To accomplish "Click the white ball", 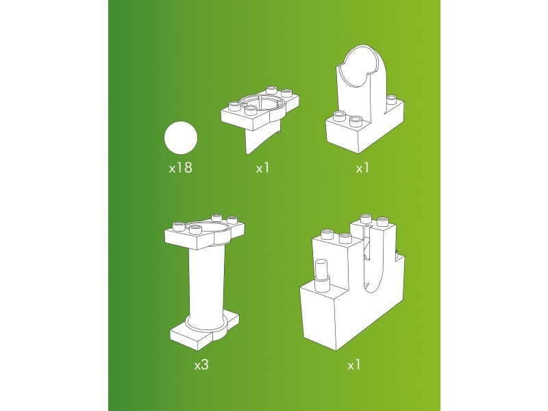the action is (181, 138).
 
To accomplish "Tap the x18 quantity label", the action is (180, 168).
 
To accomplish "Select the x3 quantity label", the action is (201, 365).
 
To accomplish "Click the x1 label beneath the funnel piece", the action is (262, 168).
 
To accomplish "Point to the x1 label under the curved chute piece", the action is (362, 168).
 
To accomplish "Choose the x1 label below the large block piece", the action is (353, 365).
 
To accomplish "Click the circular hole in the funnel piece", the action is (262, 105).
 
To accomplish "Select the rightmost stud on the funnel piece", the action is (286, 92).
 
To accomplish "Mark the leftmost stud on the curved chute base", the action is (338, 115).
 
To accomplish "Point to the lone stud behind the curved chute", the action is (392, 99).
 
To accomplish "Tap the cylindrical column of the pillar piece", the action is (206, 286).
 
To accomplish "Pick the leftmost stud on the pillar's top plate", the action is (179, 226).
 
